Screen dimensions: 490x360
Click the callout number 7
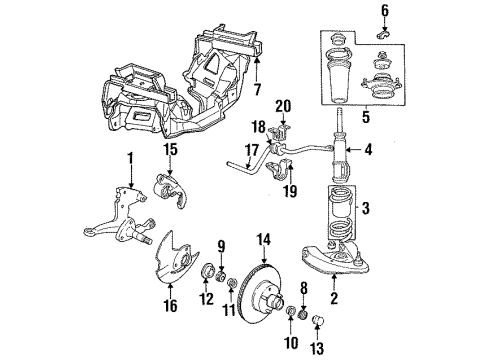pos(257,89)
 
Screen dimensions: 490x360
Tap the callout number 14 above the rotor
pos(264,240)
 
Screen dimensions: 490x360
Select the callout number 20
pos(283,106)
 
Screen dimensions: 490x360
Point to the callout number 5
pos(366,117)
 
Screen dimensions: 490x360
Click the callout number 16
pos(170,306)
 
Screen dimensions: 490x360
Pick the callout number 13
pos(317,348)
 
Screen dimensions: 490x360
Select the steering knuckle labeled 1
pos(120,218)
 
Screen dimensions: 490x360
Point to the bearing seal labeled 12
pos(207,270)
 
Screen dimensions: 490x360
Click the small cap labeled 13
pos(318,321)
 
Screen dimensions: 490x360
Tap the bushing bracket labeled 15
pos(170,190)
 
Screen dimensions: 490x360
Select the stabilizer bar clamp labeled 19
pos(280,170)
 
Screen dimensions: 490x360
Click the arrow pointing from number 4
pos(353,150)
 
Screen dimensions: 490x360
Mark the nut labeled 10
pos(291,312)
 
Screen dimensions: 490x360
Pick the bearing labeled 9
pos(221,276)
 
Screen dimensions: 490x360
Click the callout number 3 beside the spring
pos(366,209)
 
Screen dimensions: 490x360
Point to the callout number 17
pos(252,150)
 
